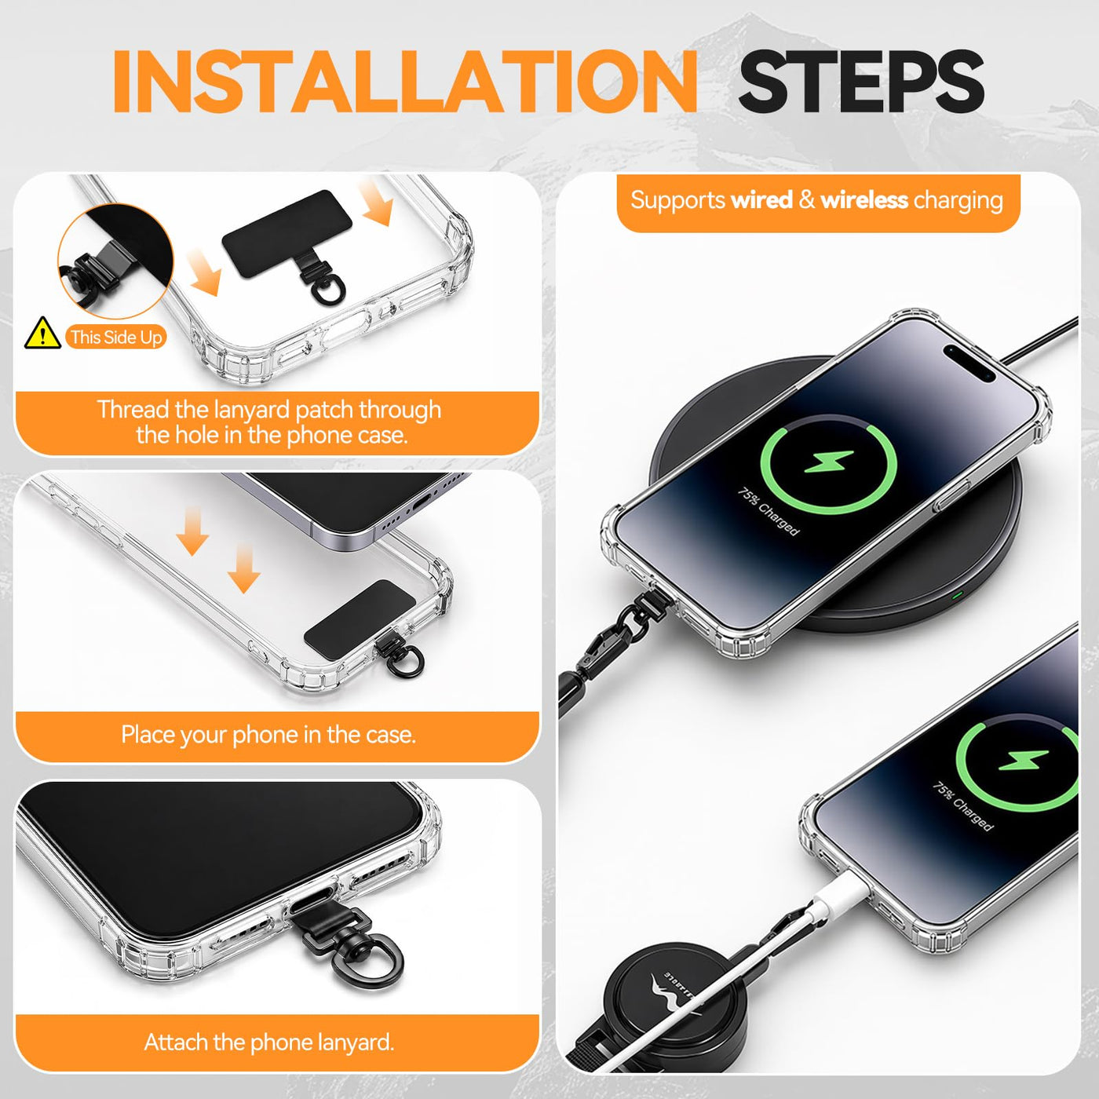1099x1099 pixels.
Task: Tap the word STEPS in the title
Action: pyautogui.click(x=861, y=82)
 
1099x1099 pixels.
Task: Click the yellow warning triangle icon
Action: pyautogui.click(x=42, y=333)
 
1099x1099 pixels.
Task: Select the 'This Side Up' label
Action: pyautogui.click(x=116, y=337)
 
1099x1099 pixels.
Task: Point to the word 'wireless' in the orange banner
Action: pyautogui.click(x=864, y=200)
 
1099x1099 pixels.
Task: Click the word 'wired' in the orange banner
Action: pyautogui.click(x=762, y=200)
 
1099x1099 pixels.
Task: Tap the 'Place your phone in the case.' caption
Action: pyautogui.click(x=268, y=735)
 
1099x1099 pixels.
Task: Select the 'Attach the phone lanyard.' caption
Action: pyautogui.click(x=269, y=1042)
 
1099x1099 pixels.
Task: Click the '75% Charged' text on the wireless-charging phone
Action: pyautogui.click(x=769, y=511)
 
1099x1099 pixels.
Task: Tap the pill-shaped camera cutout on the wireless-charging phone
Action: pyautogui.click(x=969, y=363)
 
